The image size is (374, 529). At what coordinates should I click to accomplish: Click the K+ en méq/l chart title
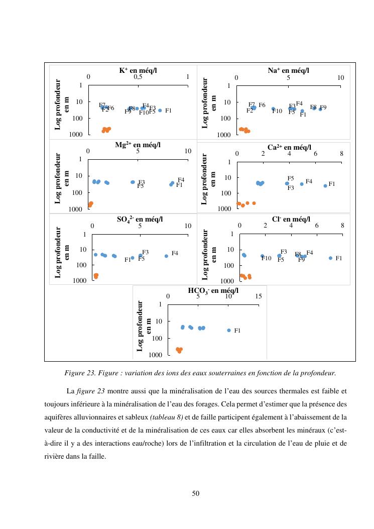[138, 71]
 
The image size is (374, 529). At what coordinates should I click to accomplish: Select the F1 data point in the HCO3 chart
[228, 330]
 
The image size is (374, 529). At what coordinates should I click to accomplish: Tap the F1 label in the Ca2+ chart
[332, 184]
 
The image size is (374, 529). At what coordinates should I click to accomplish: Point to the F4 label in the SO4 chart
[175, 253]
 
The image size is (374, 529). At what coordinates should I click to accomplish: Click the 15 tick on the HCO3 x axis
[259, 296]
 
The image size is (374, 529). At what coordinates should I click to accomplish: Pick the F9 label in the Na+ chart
[323, 108]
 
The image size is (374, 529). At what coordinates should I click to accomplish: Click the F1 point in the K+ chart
[160, 111]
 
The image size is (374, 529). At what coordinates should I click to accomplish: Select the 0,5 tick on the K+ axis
[138, 77]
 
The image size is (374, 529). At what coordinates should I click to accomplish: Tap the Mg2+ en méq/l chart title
[138, 145]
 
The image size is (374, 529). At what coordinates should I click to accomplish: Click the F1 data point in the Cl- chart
[330, 258]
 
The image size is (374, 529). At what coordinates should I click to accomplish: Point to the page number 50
[196, 494]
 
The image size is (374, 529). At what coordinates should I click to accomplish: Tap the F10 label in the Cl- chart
[267, 258]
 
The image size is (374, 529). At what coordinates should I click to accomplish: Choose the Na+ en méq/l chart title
[289, 71]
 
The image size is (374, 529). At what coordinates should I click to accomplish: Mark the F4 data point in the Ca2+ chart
[302, 184]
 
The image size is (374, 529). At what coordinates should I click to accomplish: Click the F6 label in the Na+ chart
[262, 105]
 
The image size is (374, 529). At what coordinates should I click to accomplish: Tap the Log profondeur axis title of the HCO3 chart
[144, 325]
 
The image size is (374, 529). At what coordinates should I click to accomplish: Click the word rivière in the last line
[54, 457]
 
